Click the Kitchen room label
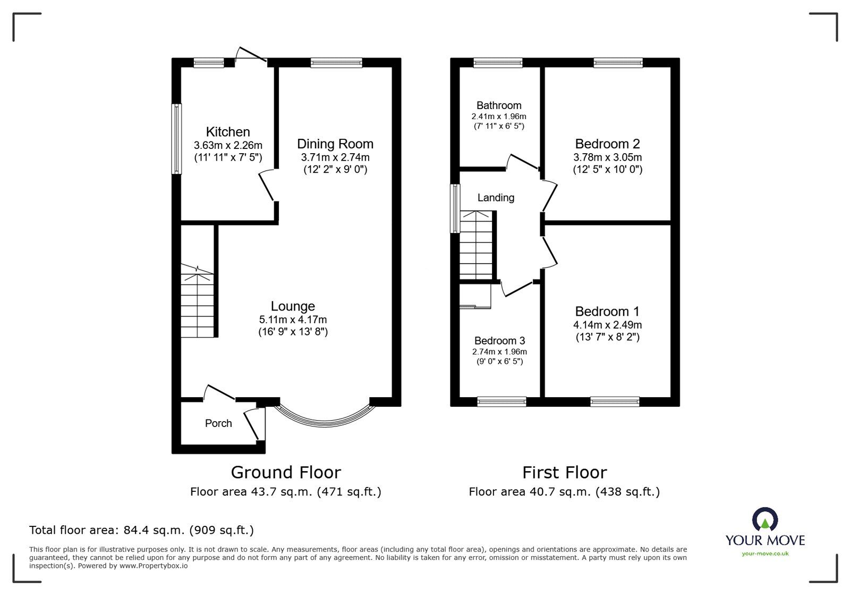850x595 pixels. [228, 132]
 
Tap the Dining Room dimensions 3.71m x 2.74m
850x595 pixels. [335, 157]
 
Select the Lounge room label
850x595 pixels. [293, 306]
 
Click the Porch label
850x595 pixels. [218, 423]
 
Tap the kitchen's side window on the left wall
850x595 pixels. [176, 138]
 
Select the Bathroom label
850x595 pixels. [499, 105]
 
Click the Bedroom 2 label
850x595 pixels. [607, 144]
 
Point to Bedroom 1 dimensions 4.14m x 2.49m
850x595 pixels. [607, 325]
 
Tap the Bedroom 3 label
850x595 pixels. [499, 341]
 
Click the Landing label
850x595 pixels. [496, 198]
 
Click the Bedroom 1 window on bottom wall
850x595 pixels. [615, 402]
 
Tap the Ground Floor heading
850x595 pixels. [286, 472]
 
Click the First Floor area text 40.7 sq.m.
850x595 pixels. [564, 492]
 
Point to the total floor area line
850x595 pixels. [141, 530]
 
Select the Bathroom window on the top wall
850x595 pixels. [498, 63]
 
